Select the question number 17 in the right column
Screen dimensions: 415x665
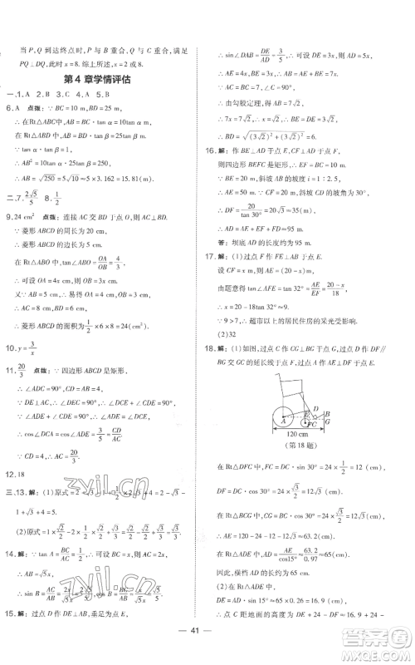[x=212, y=279]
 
